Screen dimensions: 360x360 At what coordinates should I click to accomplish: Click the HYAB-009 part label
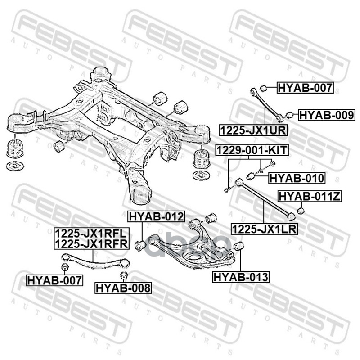coord(327,115)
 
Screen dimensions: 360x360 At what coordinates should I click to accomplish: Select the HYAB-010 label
coord(297,178)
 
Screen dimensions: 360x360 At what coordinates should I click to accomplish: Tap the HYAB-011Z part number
coord(310,196)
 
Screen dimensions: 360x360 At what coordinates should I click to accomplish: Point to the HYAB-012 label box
coord(156,216)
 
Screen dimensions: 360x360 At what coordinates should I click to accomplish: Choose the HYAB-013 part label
coord(241,277)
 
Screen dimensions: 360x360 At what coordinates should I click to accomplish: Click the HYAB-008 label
coord(123,288)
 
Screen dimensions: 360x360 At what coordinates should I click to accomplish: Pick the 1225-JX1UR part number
coord(253,130)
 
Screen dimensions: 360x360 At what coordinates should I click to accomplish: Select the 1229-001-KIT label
coord(252,150)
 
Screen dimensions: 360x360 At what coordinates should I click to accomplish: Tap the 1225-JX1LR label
coord(265,229)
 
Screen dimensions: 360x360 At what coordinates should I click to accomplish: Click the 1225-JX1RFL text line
coord(91,234)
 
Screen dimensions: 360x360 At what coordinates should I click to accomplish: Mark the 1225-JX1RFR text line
coord(91,244)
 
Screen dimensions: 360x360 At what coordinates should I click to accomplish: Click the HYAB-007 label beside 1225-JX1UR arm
coord(305,88)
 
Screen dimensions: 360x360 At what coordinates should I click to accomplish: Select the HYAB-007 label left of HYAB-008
coord(55,280)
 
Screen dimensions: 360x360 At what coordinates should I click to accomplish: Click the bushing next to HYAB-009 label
coord(289,115)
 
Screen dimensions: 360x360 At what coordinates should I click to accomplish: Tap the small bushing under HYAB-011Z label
coord(301,210)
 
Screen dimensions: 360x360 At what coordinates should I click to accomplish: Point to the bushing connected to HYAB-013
coord(238,246)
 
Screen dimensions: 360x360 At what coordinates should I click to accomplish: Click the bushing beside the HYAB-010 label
coord(250,176)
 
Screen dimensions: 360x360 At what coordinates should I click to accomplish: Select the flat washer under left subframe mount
coord(15,166)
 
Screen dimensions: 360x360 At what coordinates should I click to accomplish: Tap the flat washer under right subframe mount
coord(201,175)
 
